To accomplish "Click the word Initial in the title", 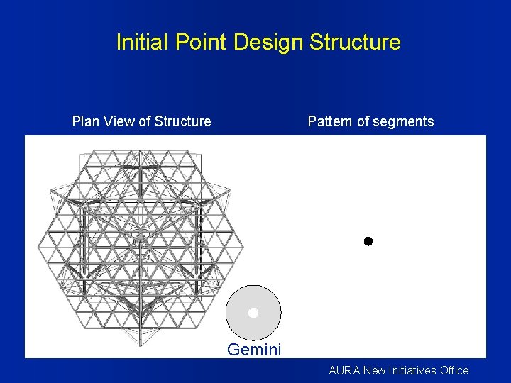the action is (x=139, y=43).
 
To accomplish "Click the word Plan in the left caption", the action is (x=86, y=121).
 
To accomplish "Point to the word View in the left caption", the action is (x=118, y=121).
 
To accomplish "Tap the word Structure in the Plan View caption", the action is (x=184, y=121).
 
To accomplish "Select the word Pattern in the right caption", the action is (x=330, y=121).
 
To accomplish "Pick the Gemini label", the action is (x=254, y=350).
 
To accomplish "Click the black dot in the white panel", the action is (x=368, y=241).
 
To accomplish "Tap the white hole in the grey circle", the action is (x=253, y=313).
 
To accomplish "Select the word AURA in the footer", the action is (x=345, y=370).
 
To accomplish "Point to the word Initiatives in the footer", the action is (x=413, y=370).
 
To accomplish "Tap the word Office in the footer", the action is (x=454, y=370).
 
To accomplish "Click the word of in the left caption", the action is (x=144, y=121).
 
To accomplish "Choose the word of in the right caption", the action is (x=362, y=121).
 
